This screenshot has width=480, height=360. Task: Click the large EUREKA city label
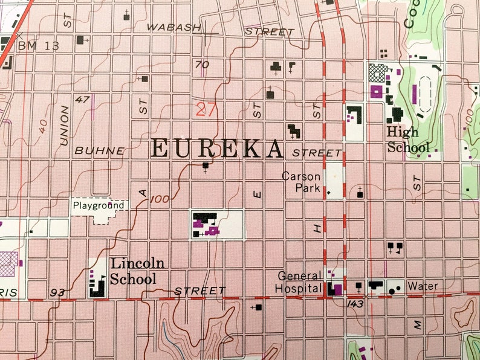click(x=217, y=149)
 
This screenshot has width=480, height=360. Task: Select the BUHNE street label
click(x=100, y=150)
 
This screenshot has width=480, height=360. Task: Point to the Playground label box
click(x=99, y=205)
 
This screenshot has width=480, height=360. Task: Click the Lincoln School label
click(x=132, y=271)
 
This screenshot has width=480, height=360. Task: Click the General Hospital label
click(x=299, y=282)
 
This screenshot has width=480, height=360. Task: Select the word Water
click(x=423, y=286)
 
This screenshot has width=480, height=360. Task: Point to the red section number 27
click(x=206, y=109)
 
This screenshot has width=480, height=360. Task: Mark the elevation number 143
click(x=355, y=304)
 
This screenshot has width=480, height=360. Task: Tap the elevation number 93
click(x=58, y=293)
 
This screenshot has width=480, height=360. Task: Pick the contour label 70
click(x=202, y=65)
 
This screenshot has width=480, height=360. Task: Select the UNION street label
click(x=64, y=125)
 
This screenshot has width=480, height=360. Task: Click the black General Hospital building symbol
click(x=332, y=289)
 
